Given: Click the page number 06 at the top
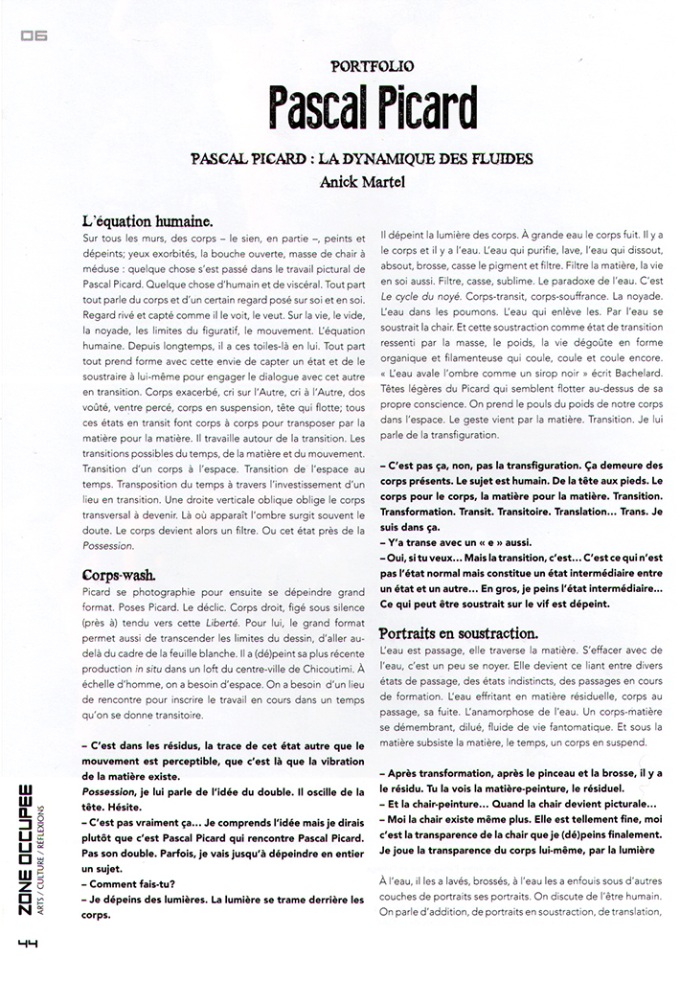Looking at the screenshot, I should (33, 36).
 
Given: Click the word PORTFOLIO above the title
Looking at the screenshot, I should (373, 67).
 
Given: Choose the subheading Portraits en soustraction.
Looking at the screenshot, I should (459, 633).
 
